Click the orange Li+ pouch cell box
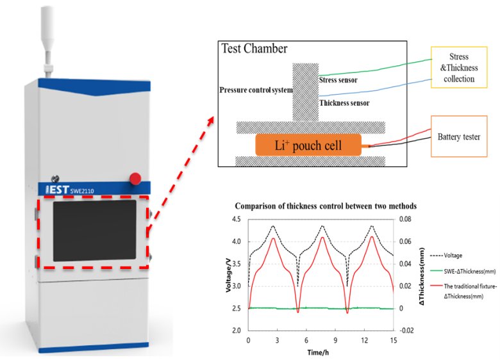tap(310, 145)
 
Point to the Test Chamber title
tap(254, 49)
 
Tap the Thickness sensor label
tap(344, 102)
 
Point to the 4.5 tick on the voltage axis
tap(238, 219)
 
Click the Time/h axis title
tap(319, 351)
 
